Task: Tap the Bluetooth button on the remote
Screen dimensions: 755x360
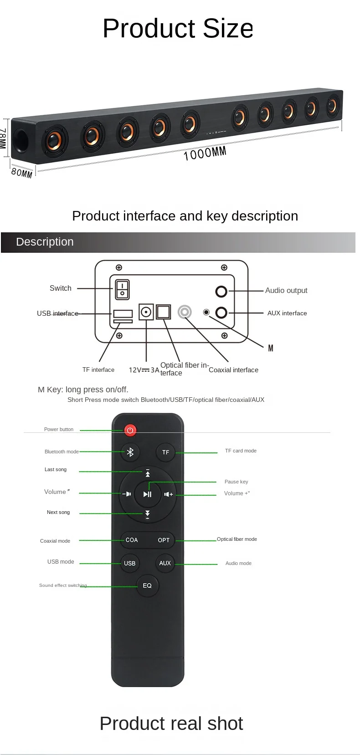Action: [130, 452]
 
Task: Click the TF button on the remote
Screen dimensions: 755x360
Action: [165, 452]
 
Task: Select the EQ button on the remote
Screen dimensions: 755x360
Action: [147, 586]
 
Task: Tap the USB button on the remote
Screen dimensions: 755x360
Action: [130, 563]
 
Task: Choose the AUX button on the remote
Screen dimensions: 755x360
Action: [165, 563]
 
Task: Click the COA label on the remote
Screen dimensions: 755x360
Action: [132, 540]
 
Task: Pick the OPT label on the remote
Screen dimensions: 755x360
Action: [164, 540]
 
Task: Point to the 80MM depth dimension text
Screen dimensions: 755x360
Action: [22, 173]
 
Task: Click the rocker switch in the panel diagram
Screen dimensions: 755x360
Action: [122, 289]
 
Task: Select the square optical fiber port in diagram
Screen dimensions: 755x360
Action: [163, 312]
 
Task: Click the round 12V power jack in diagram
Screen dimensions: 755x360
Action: [146, 312]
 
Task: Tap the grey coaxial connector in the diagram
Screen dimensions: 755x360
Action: [185, 312]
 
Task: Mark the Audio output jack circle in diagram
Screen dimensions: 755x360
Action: [221, 291]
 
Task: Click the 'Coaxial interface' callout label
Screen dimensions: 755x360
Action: [233, 370]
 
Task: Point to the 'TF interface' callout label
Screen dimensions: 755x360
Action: [98, 370]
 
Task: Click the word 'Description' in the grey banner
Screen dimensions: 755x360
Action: [45, 242]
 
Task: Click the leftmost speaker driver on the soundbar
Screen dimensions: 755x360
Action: [55, 139]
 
